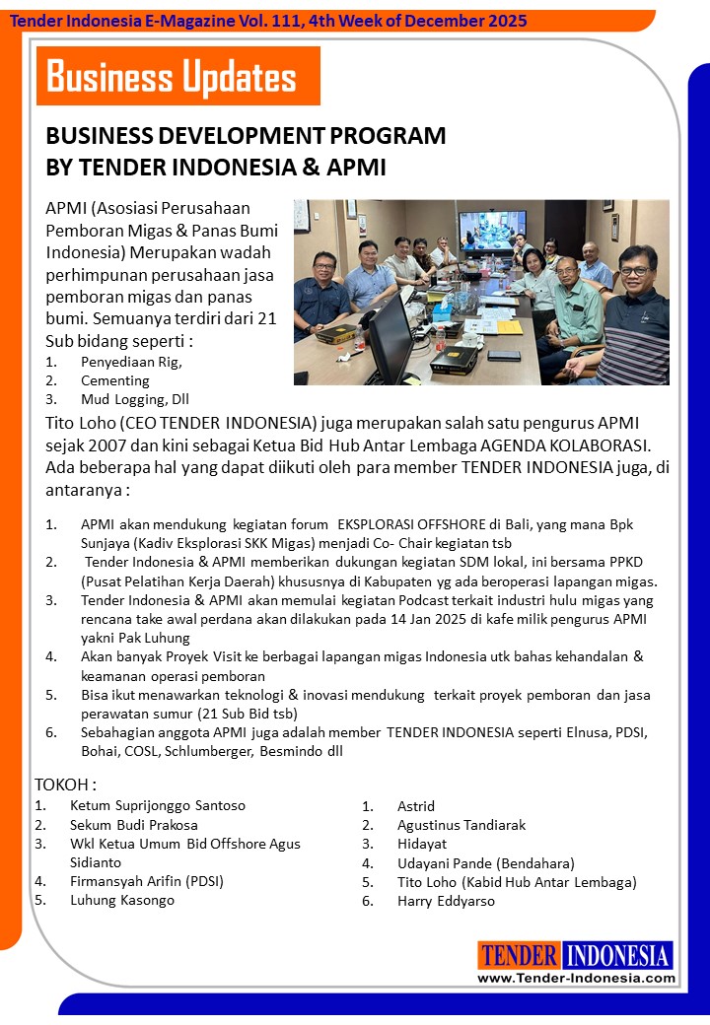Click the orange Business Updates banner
coord(177,76)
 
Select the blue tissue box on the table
coord(442,304)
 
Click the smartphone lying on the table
coord(504,355)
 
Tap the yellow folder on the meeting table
coord(508,326)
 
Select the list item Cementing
coord(115,380)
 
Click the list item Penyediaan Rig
coord(131,362)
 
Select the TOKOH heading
coord(66,785)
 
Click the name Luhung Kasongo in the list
coord(122,900)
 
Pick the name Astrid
coord(416,806)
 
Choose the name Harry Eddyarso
coord(446,901)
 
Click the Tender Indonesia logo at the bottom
coord(576,955)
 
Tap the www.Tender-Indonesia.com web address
coord(577,978)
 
